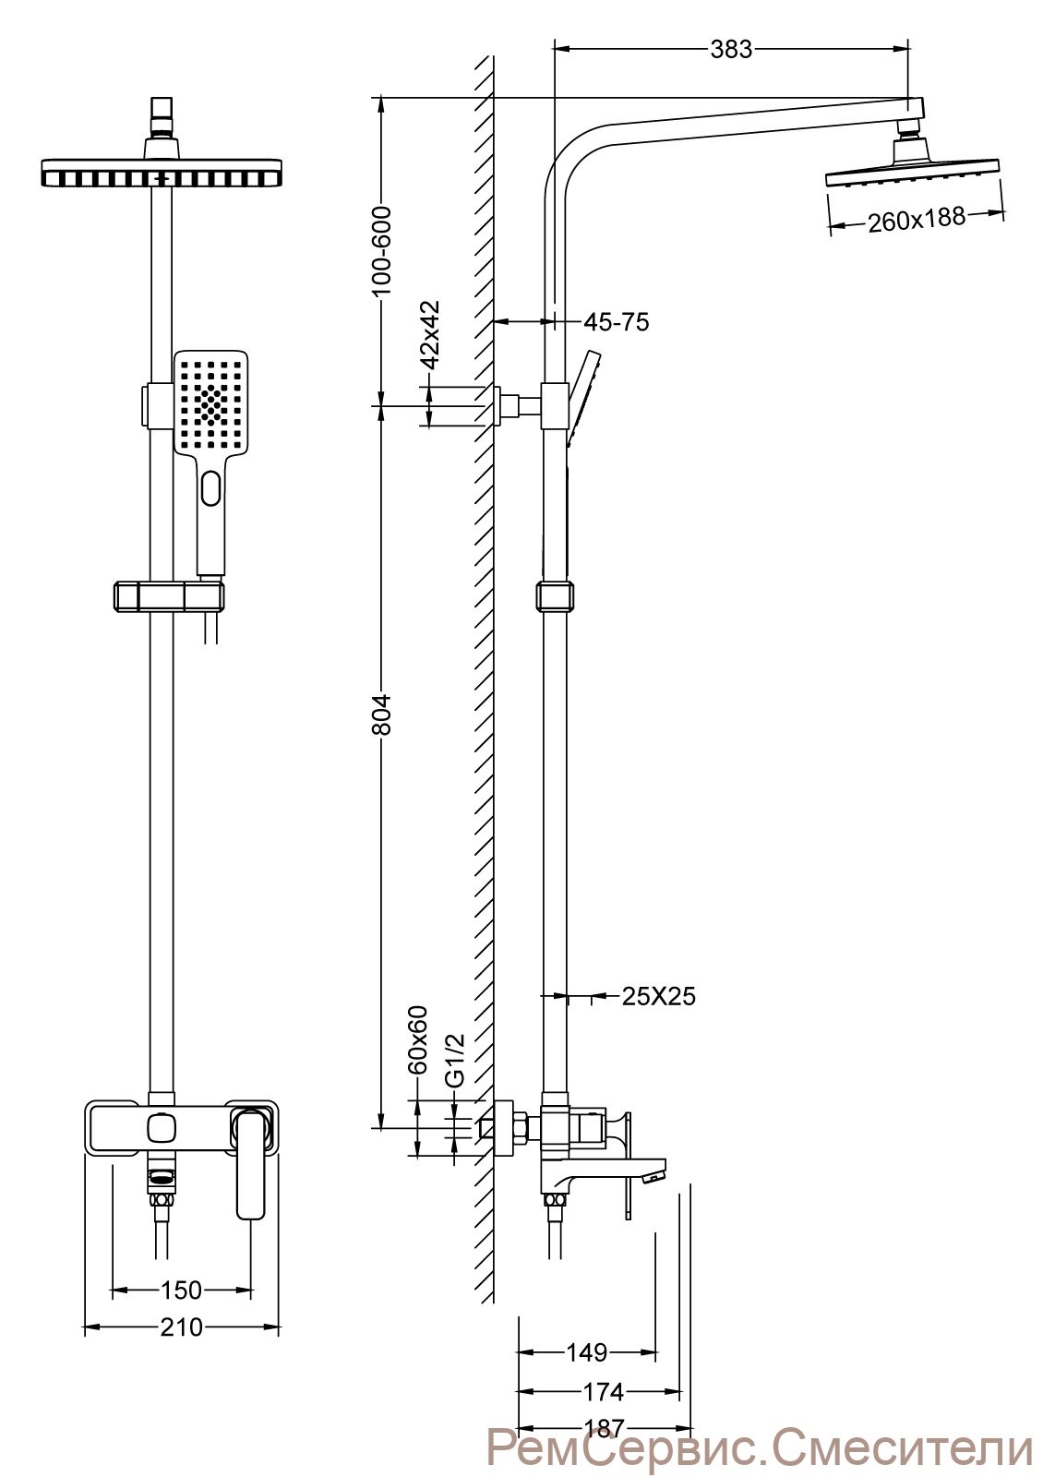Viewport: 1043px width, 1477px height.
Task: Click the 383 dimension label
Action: (730, 50)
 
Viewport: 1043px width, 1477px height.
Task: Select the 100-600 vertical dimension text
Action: (382, 251)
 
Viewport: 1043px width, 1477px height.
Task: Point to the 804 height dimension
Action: (382, 714)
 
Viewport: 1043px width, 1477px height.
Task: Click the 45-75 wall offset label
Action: (616, 322)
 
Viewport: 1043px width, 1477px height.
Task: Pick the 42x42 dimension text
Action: (430, 336)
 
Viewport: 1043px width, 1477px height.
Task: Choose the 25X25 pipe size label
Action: (658, 996)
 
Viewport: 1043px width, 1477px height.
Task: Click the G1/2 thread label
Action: (455, 1061)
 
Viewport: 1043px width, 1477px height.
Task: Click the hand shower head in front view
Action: (211, 402)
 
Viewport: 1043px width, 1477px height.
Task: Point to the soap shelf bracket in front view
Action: (170, 596)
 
